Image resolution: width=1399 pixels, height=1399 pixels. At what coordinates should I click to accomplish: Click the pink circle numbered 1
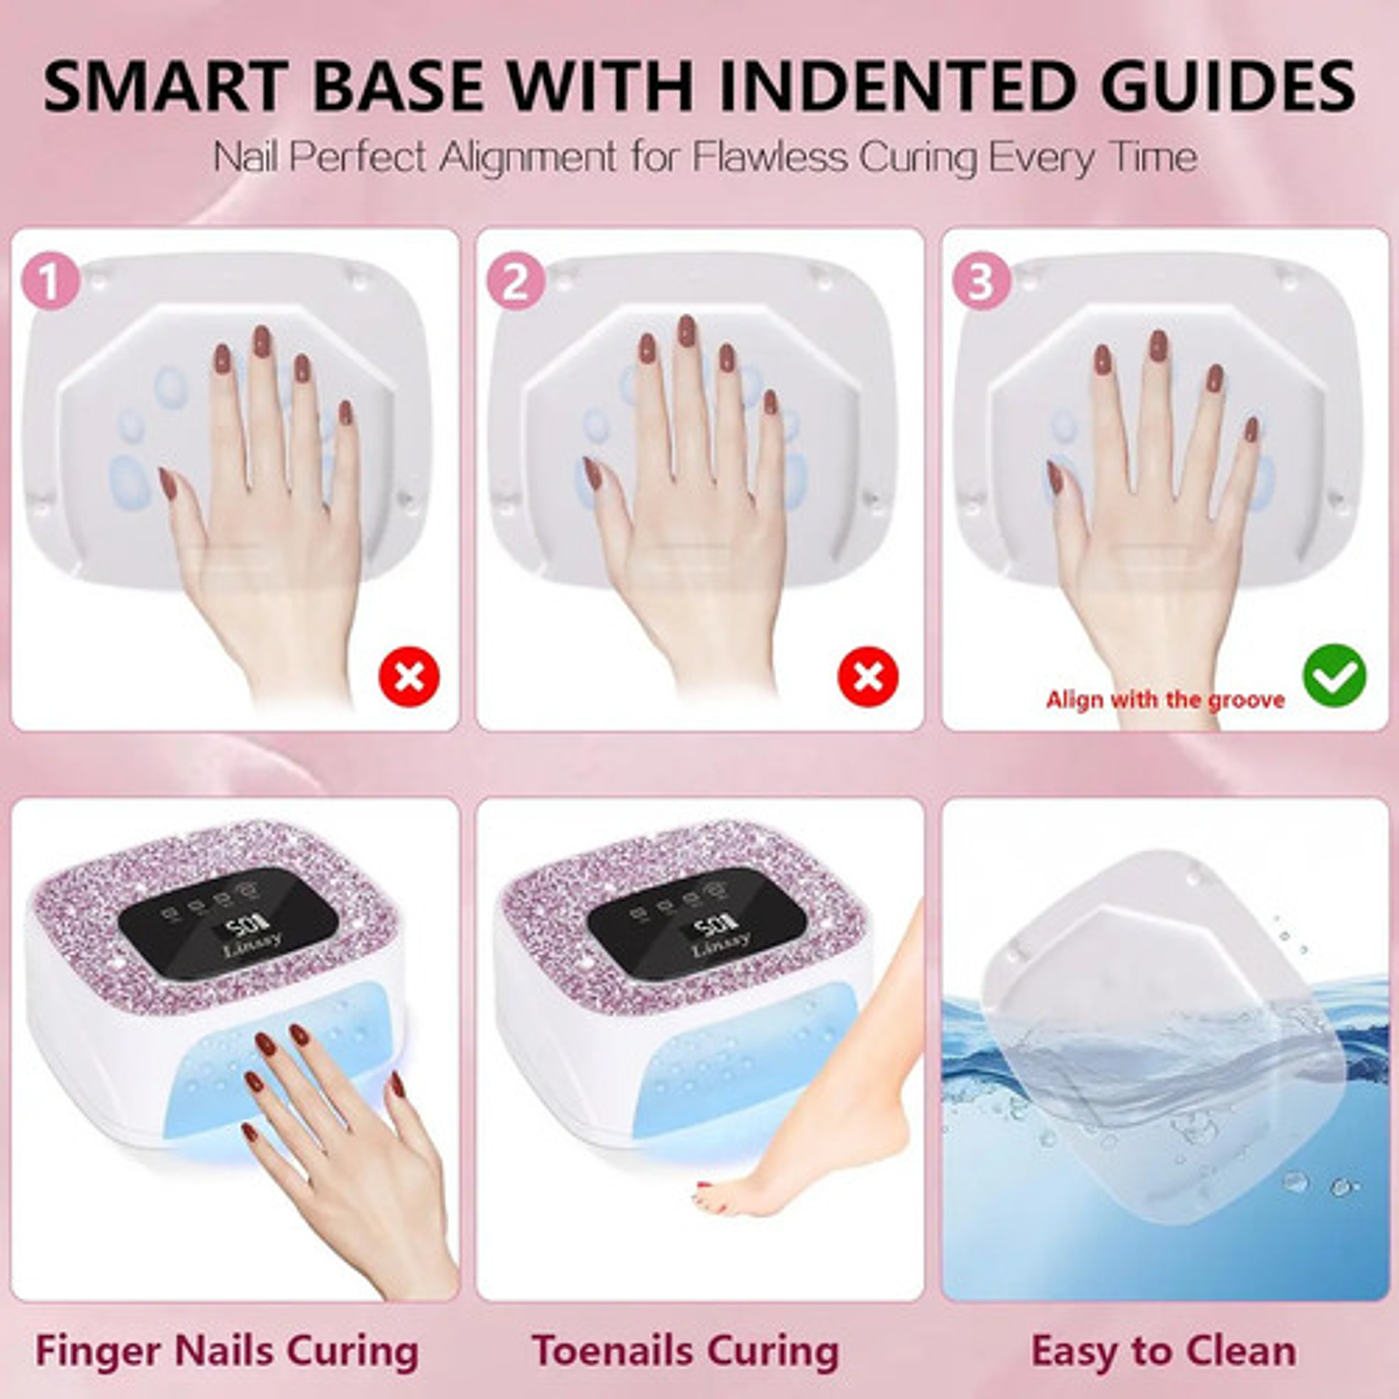pos(51,281)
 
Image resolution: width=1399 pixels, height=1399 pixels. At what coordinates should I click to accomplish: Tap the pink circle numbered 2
pos(516,281)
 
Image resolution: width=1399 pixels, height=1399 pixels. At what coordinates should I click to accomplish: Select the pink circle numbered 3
pos(981,281)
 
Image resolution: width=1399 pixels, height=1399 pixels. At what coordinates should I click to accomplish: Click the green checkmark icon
pos(1334,675)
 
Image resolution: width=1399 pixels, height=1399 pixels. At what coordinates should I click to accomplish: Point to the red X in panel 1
pos(409,676)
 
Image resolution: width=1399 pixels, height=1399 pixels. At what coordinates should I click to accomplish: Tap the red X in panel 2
pos(869,676)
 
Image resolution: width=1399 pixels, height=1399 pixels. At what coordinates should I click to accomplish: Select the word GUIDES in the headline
pos(1225,85)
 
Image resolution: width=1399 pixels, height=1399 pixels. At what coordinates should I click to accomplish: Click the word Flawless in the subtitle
pos(770,156)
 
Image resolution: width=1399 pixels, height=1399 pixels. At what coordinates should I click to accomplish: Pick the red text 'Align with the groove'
pos(1165,699)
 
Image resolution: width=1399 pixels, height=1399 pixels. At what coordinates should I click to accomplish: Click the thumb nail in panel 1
pos(168,484)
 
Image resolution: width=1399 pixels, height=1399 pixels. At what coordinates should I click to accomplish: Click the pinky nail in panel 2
pos(770,402)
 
